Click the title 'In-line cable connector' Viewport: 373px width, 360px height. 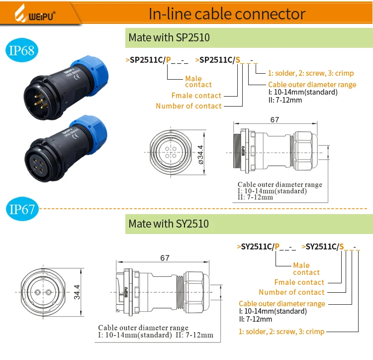[x=227, y=13]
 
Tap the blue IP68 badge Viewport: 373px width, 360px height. [x=21, y=50]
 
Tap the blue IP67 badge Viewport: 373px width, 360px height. [x=21, y=209]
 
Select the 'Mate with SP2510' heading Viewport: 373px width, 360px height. [x=169, y=38]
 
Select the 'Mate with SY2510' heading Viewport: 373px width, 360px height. [x=169, y=224]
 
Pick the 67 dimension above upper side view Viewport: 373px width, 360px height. [x=275, y=120]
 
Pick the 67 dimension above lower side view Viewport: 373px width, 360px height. [x=165, y=257]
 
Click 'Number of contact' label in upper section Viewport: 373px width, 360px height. [x=188, y=106]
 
